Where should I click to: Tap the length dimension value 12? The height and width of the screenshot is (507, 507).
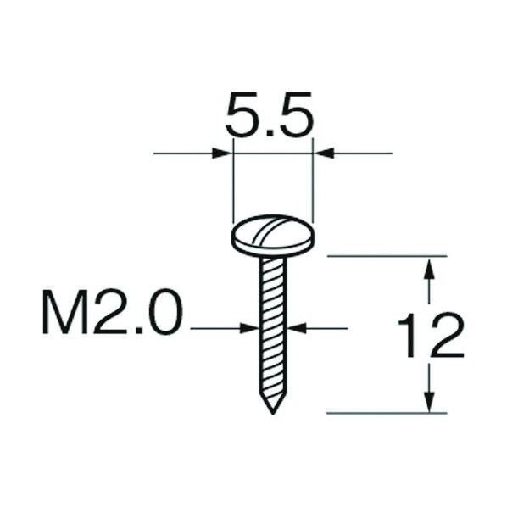coord(430,336)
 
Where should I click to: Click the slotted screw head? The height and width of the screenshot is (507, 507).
coord(272,234)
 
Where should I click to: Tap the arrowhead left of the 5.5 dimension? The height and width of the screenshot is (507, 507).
coord(222,153)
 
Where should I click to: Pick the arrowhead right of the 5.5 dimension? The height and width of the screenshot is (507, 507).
coord(323,153)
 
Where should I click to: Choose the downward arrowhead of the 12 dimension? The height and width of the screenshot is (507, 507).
coord(430,401)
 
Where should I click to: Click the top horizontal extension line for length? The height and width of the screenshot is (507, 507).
coord(386,254)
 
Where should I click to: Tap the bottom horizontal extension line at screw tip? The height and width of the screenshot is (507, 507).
coord(386,414)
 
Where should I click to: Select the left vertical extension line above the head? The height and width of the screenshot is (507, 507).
coord(232,187)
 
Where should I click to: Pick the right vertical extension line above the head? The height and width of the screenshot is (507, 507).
coord(313,187)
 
